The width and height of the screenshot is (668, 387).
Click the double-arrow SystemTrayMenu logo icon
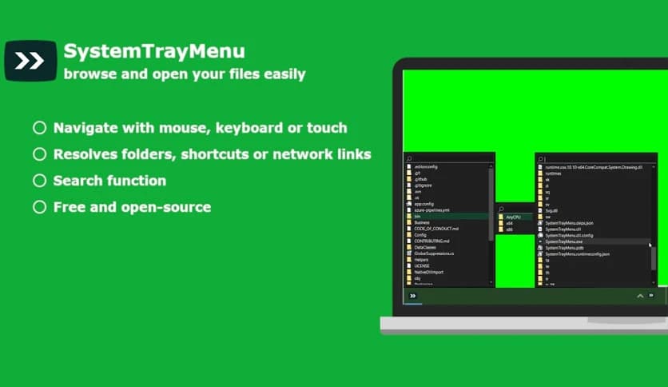pos(30,61)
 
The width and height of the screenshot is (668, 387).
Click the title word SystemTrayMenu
pos(154,52)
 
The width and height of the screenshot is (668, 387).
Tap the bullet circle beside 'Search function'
pos(39,181)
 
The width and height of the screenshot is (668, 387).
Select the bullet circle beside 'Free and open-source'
pos(39,207)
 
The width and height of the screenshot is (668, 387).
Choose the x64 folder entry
pos(509,223)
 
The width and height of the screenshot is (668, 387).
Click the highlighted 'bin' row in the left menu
pos(417,216)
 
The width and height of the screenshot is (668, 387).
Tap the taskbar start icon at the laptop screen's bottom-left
pos(412,296)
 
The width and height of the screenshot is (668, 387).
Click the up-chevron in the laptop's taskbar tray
pos(639,296)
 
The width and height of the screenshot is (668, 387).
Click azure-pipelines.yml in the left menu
pos(431,209)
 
